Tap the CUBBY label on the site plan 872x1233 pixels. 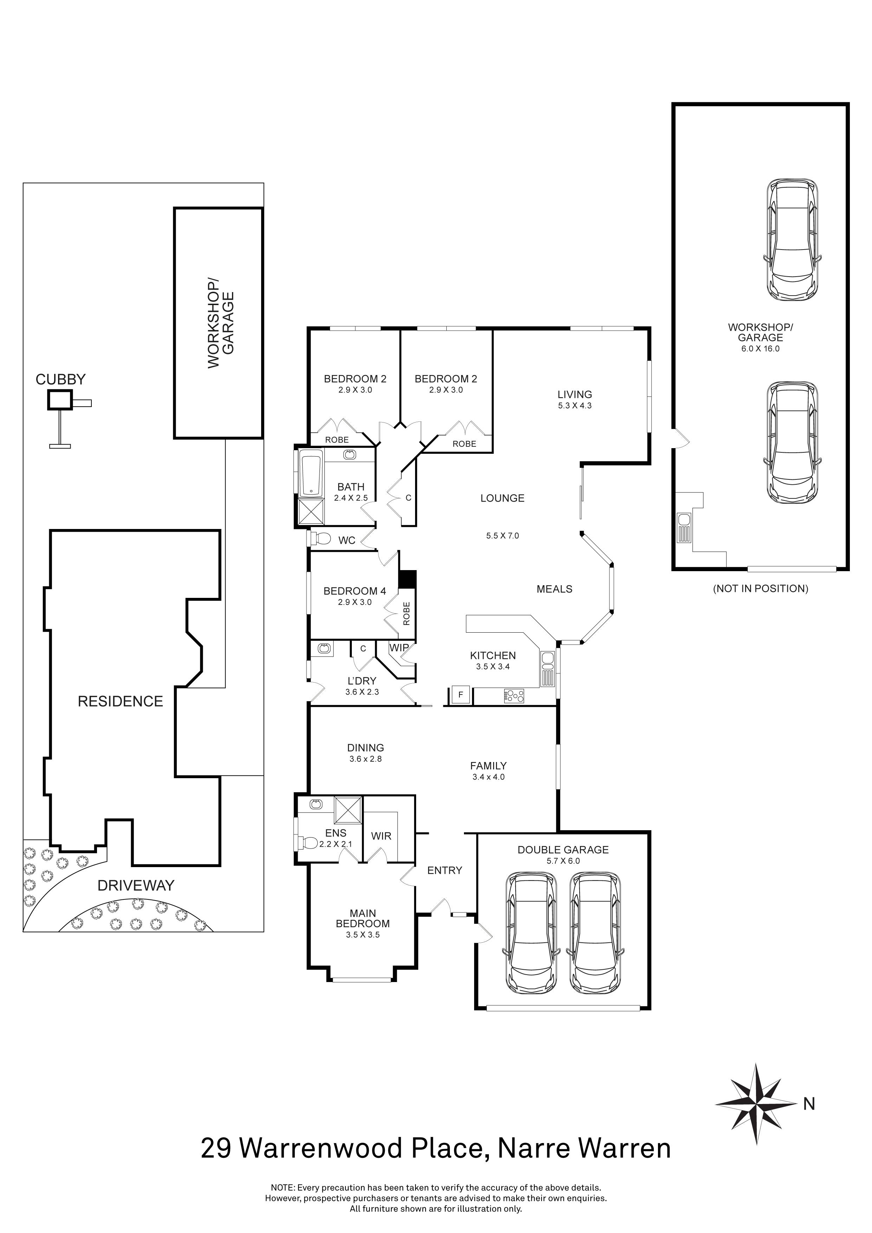[60, 380]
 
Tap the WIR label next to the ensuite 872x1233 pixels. [381, 836]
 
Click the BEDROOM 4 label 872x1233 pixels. [354, 591]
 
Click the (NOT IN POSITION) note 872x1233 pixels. [760, 589]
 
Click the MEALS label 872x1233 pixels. [554, 589]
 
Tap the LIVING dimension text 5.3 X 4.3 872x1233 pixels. [575, 406]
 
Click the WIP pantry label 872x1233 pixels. [399, 648]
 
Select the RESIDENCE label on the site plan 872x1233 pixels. [120, 701]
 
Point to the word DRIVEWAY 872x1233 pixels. [136, 885]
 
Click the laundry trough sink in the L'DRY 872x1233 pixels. [324, 649]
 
